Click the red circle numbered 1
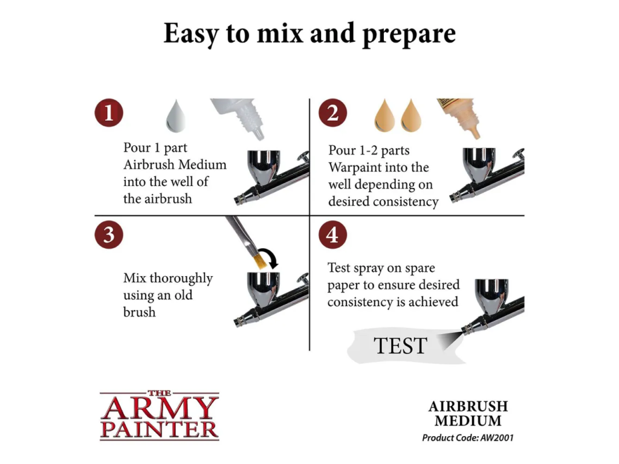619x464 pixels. tap(109, 112)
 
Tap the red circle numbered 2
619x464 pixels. tap(333, 112)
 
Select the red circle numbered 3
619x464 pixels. tap(109, 235)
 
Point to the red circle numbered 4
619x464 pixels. tap(333, 235)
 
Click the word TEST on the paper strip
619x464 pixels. tap(400, 346)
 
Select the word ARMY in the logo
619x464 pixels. tap(160, 408)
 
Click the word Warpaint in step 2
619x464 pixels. tap(354, 167)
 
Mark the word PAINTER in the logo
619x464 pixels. tap(160, 430)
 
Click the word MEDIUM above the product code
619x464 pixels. tap(468, 421)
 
